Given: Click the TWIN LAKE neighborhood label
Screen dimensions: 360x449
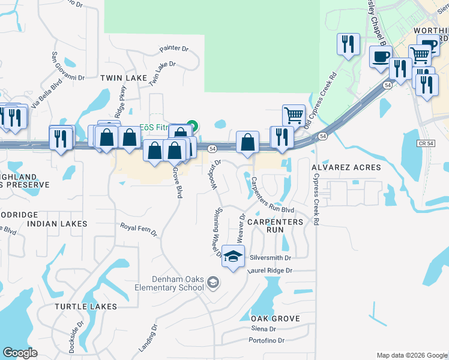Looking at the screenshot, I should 119,78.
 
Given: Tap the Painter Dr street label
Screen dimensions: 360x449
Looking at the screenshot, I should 174,49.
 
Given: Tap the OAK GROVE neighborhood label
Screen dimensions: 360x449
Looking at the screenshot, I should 275,319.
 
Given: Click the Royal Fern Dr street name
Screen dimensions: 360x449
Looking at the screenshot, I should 138,229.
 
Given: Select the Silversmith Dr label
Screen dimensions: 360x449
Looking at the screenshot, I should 270,257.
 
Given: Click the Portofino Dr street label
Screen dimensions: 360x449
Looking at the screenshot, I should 270,341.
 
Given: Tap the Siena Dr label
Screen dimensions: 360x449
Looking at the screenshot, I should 264,329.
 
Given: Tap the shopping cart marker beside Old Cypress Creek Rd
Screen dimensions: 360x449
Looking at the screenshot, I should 294,114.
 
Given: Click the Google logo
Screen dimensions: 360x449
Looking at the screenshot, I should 20,352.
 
